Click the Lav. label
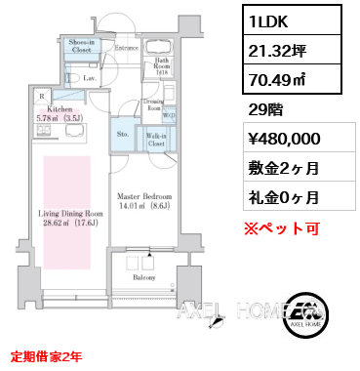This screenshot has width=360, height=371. pos(88,77)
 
